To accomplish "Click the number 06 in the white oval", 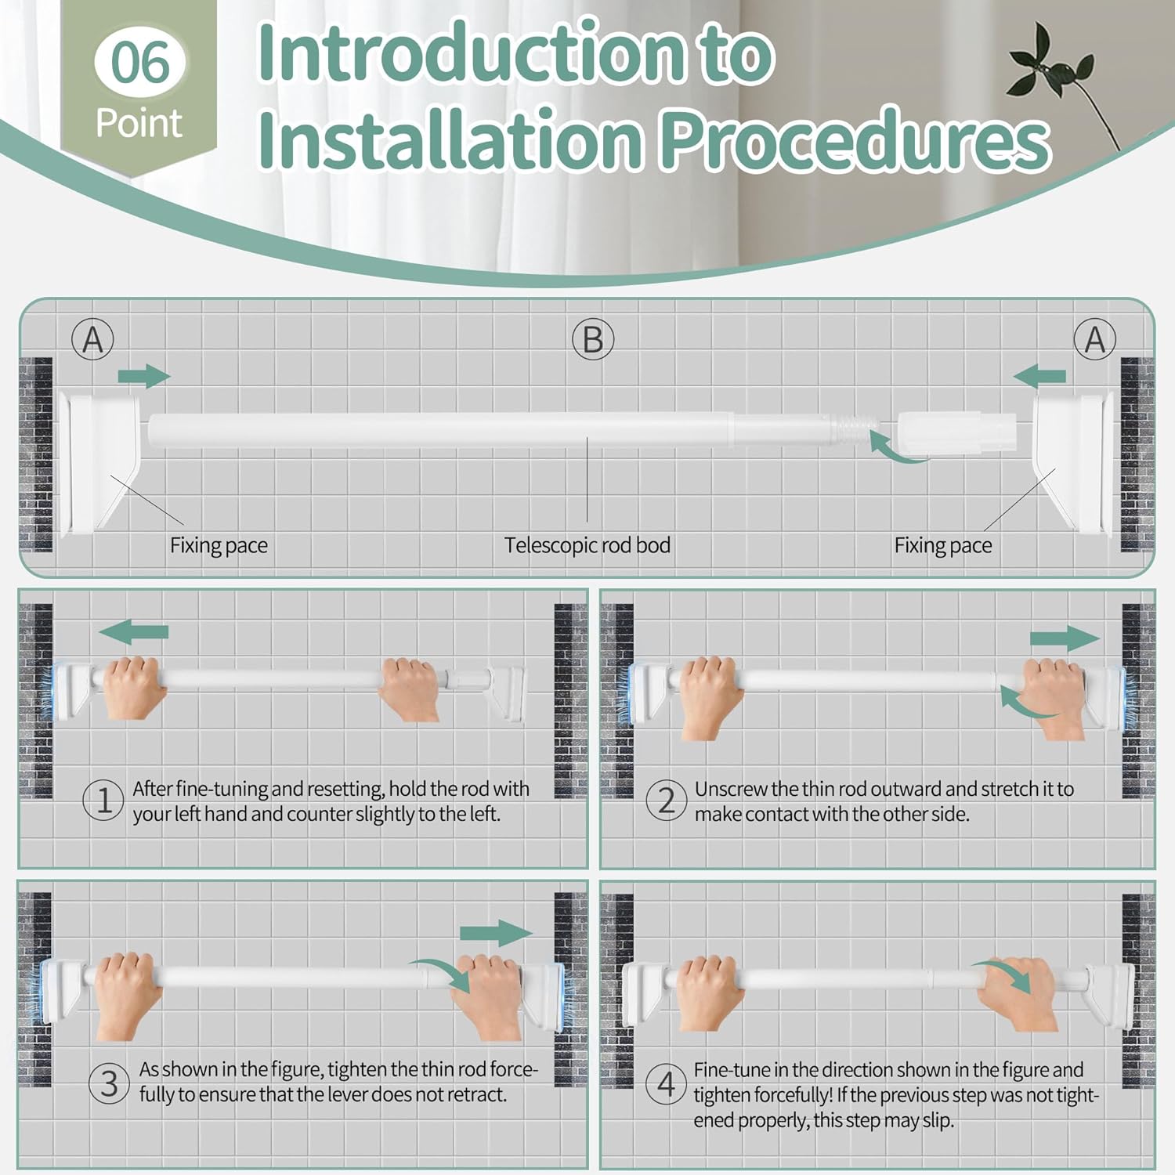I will [140, 63].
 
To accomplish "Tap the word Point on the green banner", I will [139, 124].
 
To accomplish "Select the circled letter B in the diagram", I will [593, 340].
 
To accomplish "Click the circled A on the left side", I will [93, 340].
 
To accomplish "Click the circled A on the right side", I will [1094, 340].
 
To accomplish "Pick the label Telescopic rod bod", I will [587, 545].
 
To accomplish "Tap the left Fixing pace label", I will [219, 545].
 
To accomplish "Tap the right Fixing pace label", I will [943, 545].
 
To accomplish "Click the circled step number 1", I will [103, 801].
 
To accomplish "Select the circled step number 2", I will [666, 801].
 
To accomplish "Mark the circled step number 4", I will [666, 1084].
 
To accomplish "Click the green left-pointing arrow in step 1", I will [134, 631].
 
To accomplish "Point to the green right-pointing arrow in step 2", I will [1065, 638].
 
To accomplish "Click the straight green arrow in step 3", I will [496, 933].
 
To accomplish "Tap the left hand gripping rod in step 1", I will [133, 686].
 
